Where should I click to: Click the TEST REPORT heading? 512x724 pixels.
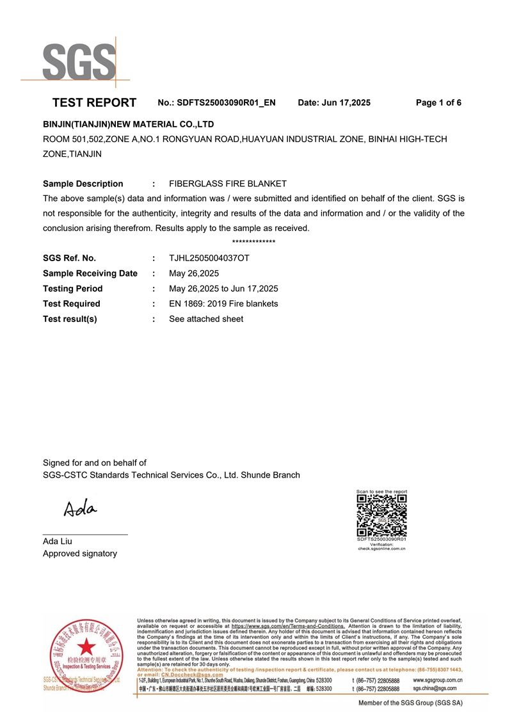[x=94, y=102]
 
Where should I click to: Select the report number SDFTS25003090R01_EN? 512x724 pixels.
[x=226, y=102]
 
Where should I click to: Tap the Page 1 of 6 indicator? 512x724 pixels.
[x=438, y=102]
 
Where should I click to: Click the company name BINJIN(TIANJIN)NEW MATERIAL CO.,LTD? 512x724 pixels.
[x=128, y=124]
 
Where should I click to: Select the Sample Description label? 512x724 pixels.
[x=83, y=184]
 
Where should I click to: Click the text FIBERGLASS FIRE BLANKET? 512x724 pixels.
[x=227, y=184]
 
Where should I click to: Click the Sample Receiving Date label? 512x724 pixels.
[x=90, y=273]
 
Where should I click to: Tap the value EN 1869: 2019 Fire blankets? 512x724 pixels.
[x=223, y=303]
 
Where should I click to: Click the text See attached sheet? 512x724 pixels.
[x=206, y=319]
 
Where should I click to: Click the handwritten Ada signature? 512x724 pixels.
[x=80, y=509]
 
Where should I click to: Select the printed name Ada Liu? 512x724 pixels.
[x=58, y=542]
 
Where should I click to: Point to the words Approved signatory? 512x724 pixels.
[x=80, y=554]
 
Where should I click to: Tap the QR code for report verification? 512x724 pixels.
[x=381, y=515]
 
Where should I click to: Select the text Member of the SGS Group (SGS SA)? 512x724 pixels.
[x=410, y=703]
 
